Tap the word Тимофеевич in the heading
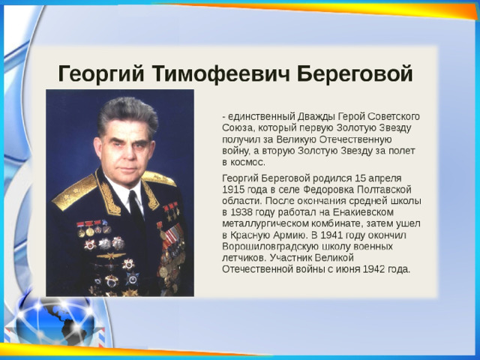pos(220,73)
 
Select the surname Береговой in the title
pos(355,74)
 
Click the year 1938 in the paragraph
pos(241,212)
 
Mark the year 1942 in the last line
pos(373,269)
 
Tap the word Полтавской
pos(384,190)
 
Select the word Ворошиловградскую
pos(270,247)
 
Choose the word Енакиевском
pos(363,212)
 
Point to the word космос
pos(247,163)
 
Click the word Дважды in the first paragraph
pos(316,117)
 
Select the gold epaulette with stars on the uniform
pos(74,192)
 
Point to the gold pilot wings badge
pos(111,256)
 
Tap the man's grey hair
pos(128,113)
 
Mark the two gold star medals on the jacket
pos(171,211)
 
